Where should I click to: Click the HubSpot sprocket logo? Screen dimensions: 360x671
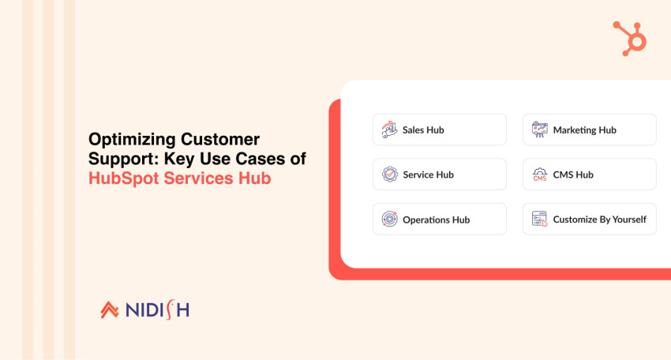(629, 37)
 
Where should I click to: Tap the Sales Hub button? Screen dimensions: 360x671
(439, 129)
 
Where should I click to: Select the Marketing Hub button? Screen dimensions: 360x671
(589, 129)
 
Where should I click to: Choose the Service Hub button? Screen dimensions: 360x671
(439, 174)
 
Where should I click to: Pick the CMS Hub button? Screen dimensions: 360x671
(589, 174)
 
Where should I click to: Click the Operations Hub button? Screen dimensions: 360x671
(439, 219)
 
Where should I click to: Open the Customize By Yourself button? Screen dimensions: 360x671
(589, 219)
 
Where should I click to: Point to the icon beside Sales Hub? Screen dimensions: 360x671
(388, 129)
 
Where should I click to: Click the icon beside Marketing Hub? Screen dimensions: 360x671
(539, 129)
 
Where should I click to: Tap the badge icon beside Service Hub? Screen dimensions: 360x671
(388, 174)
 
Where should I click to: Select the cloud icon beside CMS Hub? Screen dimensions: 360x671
(539, 174)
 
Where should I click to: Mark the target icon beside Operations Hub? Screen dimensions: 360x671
(388, 219)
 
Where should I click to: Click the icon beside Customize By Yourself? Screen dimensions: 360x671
(539, 219)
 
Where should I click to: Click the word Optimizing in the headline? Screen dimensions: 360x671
(130, 140)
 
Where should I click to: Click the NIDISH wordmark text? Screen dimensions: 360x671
(157, 309)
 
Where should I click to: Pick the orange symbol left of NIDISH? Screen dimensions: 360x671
(110, 309)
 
